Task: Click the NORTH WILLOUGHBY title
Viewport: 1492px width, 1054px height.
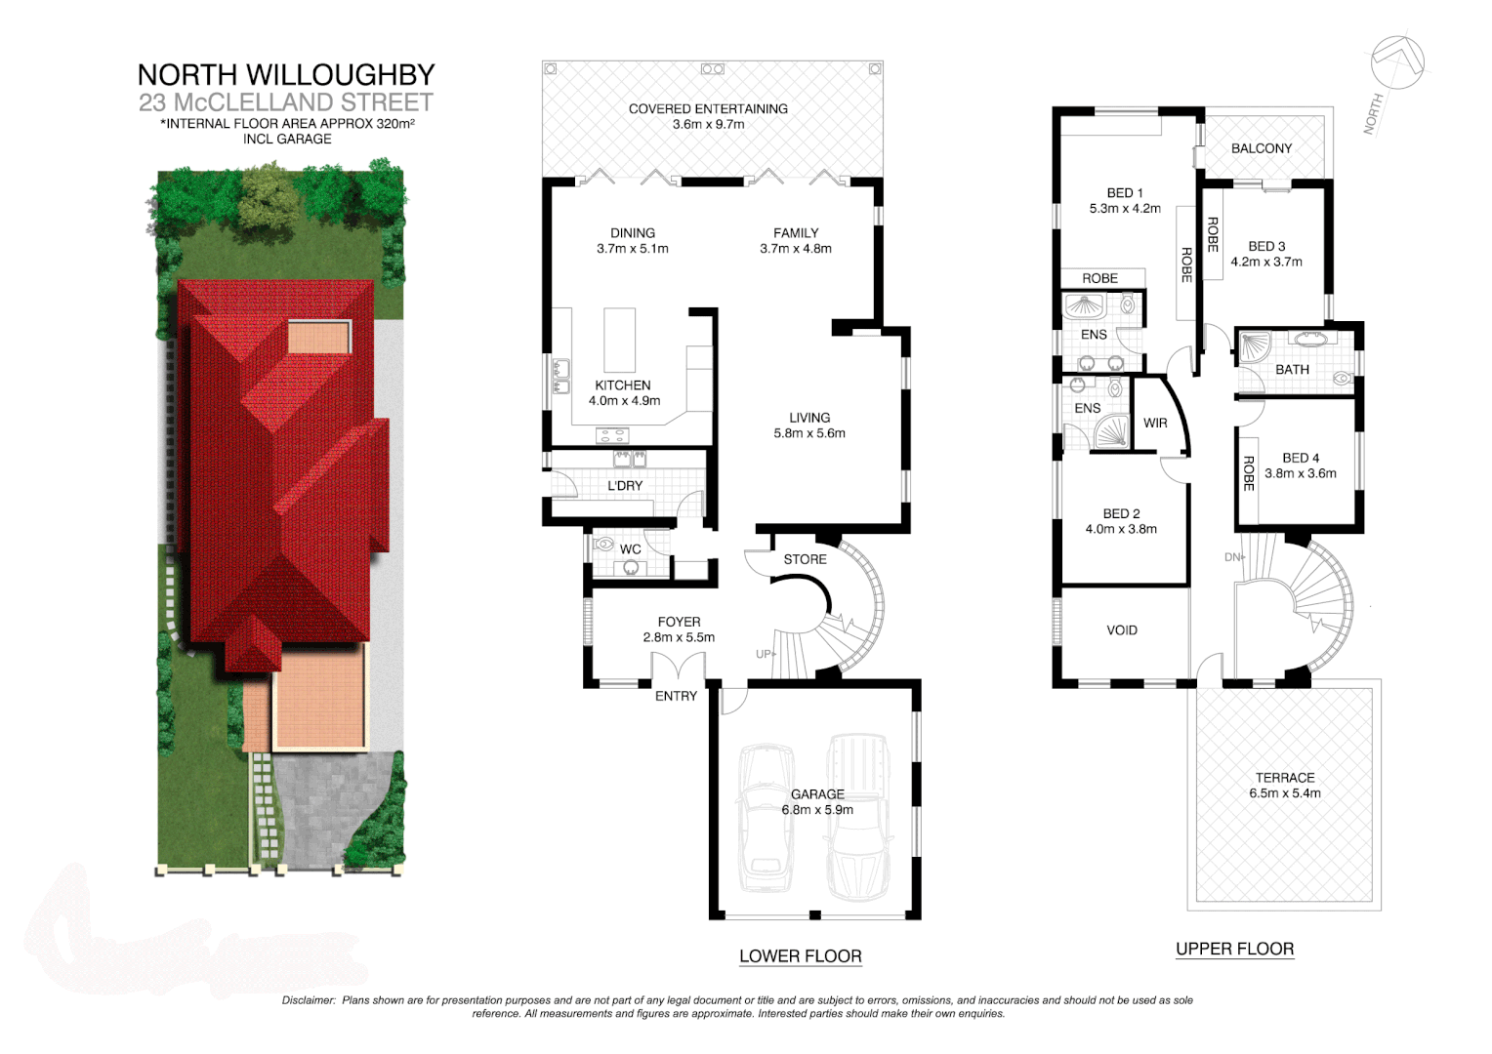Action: coord(286,75)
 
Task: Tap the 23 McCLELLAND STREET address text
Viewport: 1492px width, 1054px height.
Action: coord(286,102)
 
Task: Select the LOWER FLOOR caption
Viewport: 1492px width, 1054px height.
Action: coord(800,956)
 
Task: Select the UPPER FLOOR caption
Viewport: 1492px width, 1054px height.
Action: coord(1234,949)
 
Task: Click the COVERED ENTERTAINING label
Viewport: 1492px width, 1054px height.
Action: coord(708,109)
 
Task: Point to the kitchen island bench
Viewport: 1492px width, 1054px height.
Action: coord(620,339)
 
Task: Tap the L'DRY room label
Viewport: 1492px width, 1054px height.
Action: coord(625,486)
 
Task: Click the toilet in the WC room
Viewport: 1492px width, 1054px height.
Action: coord(603,546)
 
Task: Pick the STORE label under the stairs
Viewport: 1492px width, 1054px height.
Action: coord(805,559)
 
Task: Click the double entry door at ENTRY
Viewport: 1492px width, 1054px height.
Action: coord(679,668)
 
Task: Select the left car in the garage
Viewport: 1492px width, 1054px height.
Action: coord(764,820)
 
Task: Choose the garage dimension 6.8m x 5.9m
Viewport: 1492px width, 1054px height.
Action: coord(817,810)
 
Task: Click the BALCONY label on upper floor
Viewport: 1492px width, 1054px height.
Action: coord(1261,148)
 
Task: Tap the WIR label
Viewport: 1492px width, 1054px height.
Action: coord(1155,424)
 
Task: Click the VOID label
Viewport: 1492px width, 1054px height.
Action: coord(1122,630)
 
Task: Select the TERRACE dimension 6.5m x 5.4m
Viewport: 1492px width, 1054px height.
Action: coord(1284,793)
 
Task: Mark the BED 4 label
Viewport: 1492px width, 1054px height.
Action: coord(1301,458)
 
